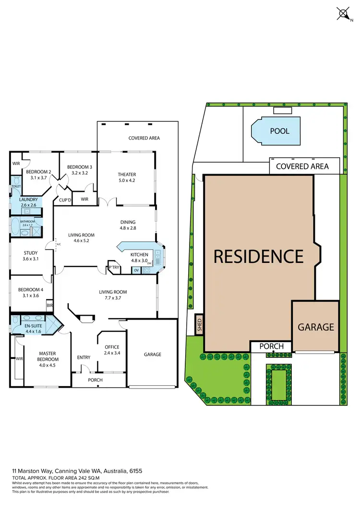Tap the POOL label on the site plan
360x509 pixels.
280,131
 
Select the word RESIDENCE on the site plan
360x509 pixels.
258,256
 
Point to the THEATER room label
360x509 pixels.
127,175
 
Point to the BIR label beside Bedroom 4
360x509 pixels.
49,305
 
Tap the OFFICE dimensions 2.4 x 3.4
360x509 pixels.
112,353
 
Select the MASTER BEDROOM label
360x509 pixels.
48,356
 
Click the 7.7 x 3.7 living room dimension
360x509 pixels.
113,298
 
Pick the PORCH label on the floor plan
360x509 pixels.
95,380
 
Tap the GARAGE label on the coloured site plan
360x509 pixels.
315,327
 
